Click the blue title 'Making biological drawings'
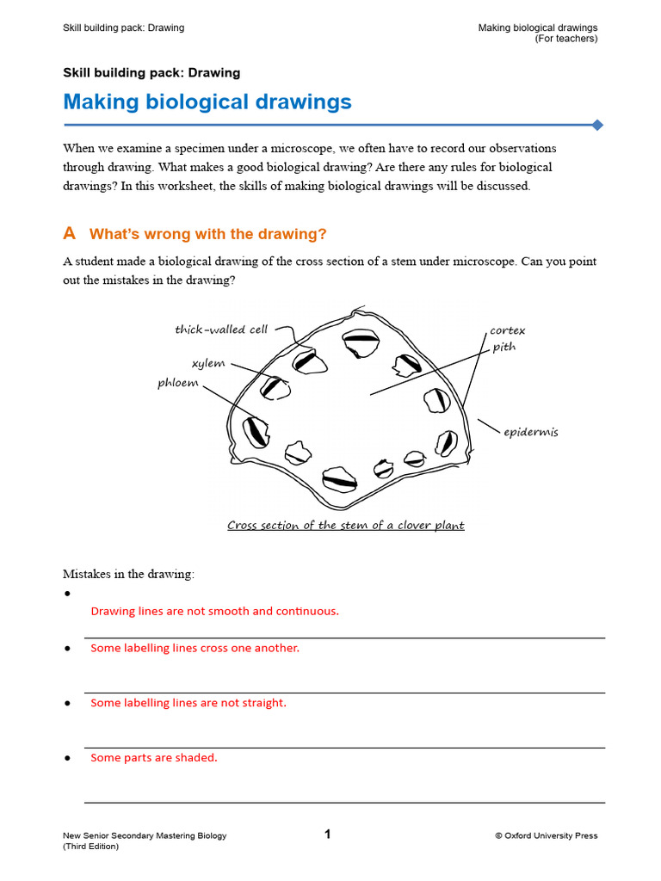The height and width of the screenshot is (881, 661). (207, 102)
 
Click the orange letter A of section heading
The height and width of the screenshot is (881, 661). (70, 234)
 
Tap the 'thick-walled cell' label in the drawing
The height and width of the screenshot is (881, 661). (221, 330)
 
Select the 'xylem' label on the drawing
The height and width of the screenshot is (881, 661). (208, 363)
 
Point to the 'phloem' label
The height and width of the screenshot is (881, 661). (178, 383)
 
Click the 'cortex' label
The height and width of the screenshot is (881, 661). (507, 330)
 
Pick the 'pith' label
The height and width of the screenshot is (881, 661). (504, 347)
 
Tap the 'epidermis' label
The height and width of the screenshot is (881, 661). (530, 432)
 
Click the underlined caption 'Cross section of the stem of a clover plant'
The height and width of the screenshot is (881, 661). (346, 526)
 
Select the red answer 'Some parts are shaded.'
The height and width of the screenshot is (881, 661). (154, 758)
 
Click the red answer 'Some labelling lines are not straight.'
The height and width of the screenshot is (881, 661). (188, 703)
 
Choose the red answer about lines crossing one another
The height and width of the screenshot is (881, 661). (195, 648)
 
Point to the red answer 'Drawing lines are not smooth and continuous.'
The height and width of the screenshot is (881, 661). (215, 612)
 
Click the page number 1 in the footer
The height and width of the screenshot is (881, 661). (327, 834)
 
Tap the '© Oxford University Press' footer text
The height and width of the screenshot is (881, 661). (546, 835)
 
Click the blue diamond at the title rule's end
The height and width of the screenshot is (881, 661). (597, 126)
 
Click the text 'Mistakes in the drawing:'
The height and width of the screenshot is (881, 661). (129, 573)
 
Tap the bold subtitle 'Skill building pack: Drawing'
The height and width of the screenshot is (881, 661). (151, 73)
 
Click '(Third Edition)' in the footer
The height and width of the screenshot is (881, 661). (90, 846)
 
